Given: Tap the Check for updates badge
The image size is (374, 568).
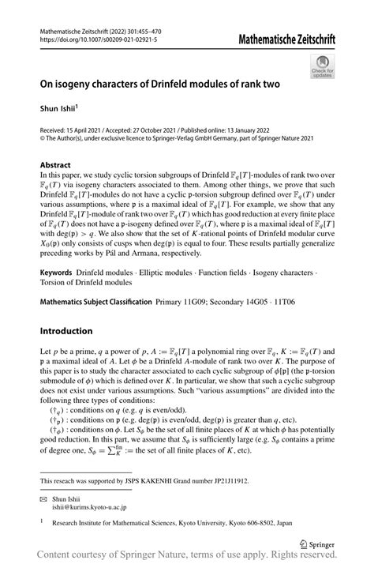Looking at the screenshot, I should pyautogui.click(x=323, y=66).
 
